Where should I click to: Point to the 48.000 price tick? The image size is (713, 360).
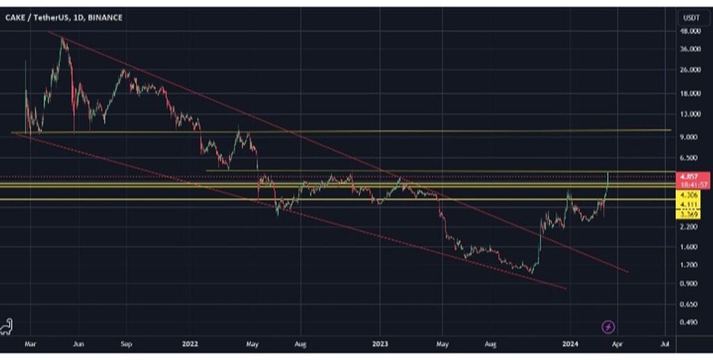[689, 31]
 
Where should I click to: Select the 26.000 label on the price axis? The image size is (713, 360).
[689, 70]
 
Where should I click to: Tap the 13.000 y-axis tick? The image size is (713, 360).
[689, 114]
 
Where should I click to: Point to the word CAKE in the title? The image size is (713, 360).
[15, 17]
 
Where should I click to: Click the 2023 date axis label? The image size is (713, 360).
[380, 344]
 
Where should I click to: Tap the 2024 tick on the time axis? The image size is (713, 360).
[570, 344]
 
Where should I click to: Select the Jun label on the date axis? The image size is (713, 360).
[79, 344]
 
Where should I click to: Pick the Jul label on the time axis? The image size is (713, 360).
[665, 344]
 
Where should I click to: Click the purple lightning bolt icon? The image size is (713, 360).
[609, 325]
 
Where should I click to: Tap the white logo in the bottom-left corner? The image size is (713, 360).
[10, 326]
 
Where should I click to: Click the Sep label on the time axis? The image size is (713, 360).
[126, 344]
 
